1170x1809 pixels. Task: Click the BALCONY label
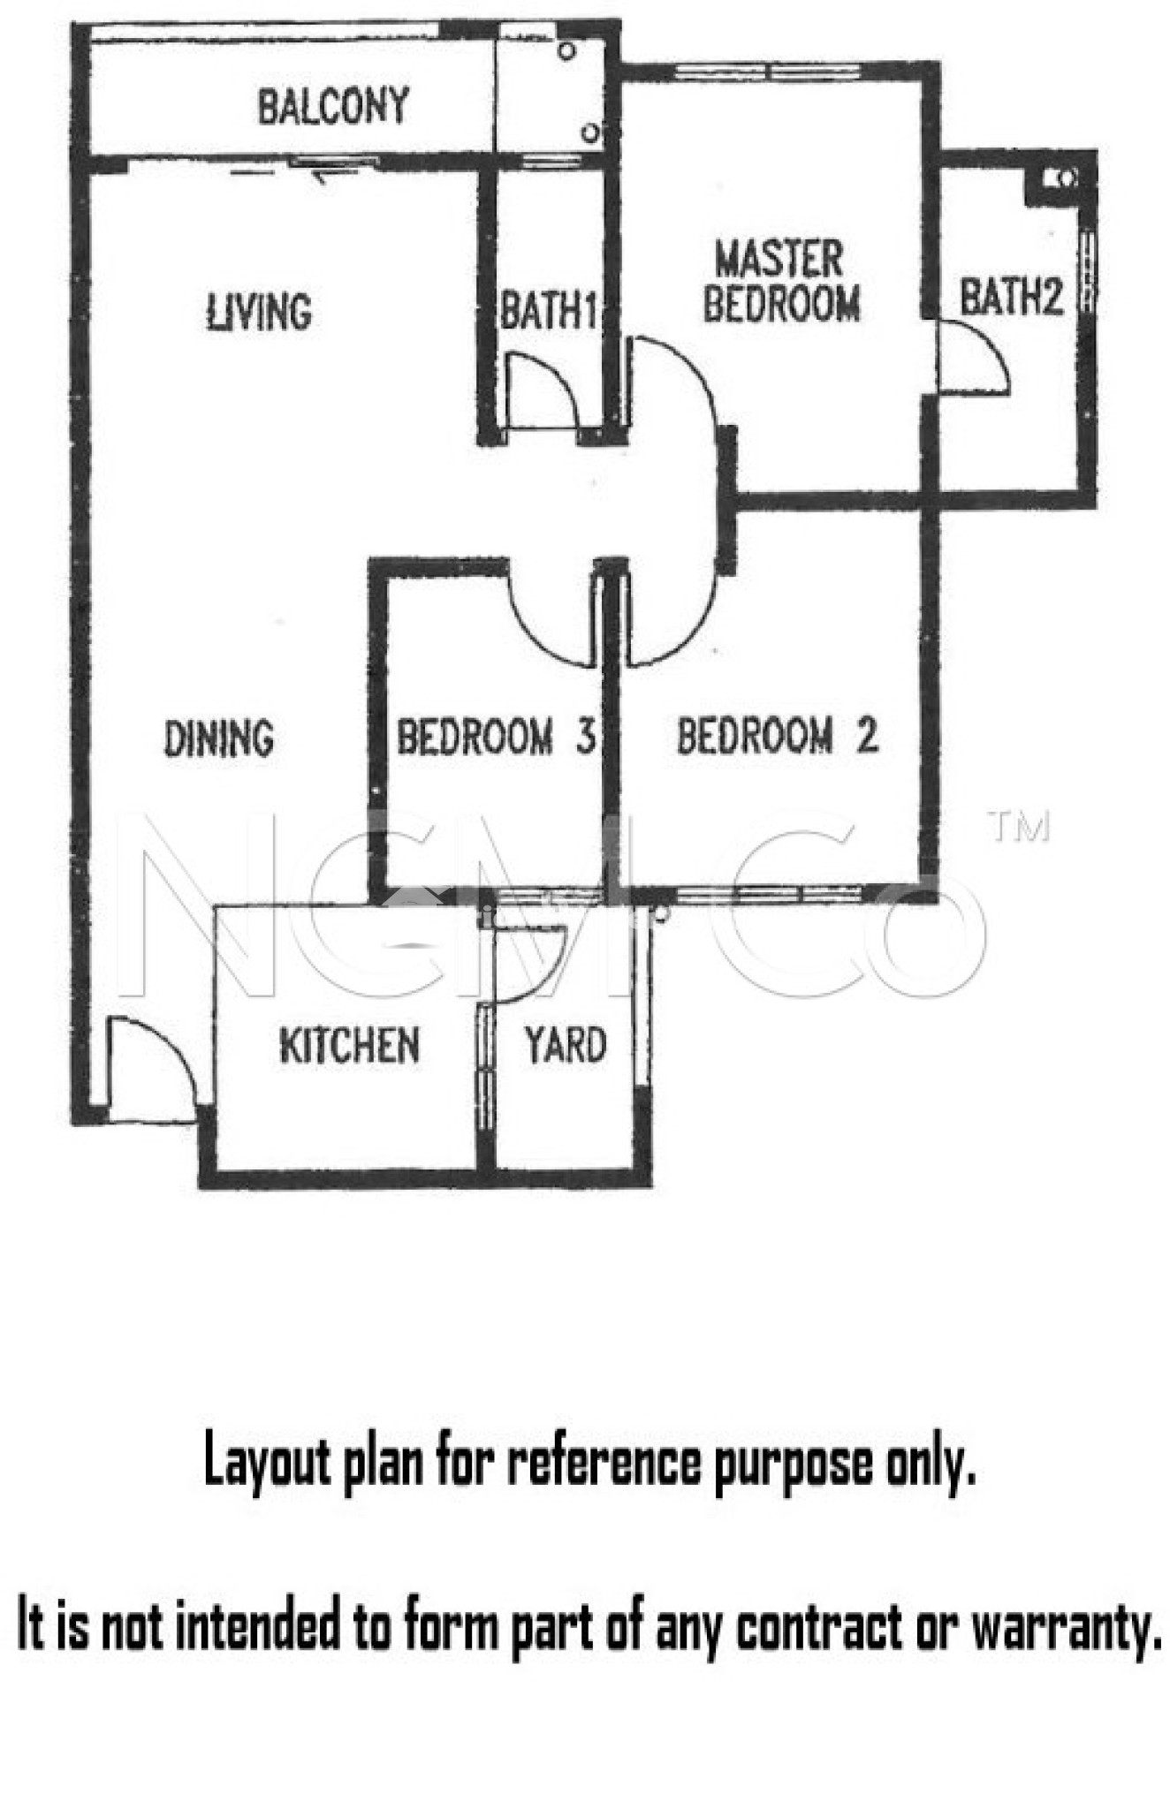[333, 105]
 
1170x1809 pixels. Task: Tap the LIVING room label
[259, 312]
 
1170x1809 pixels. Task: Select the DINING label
[219, 738]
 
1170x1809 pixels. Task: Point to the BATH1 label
[548, 310]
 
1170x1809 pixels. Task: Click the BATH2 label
[1011, 296]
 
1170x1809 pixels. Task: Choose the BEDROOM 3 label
[495, 737]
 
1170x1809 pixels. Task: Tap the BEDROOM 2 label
[778, 736]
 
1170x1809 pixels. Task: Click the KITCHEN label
[349, 1046]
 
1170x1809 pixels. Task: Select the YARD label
[566, 1045]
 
